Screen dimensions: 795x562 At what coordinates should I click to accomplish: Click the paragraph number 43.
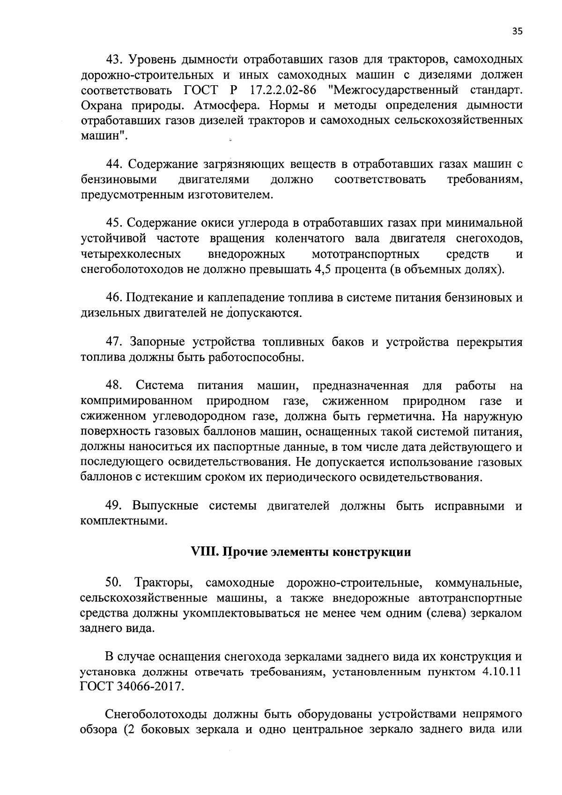click(x=114, y=60)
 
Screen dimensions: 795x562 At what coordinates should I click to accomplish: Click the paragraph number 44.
click(x=114, y=164)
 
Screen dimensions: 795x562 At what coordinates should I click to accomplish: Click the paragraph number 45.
click(x=114, y=223)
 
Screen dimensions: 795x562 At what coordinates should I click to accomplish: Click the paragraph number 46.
click(x=114, y=298)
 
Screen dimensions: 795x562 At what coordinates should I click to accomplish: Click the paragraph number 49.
click(x=114, y=506)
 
